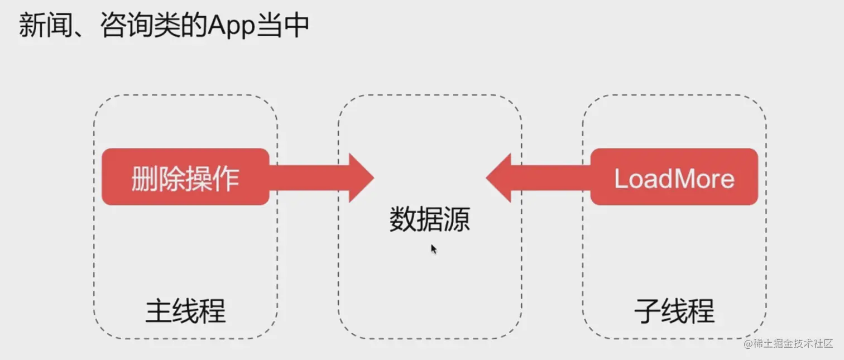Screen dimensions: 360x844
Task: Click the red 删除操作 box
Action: click(185, 177)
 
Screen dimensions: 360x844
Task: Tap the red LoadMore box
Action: click(674, 177)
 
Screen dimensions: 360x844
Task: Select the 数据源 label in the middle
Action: click(429, 219)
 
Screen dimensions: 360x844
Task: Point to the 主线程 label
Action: click(185, 311)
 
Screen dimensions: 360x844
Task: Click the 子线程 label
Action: click(674, 311)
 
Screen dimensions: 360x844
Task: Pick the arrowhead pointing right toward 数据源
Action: click(361, 177)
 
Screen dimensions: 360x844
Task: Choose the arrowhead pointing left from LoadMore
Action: click(499, 177)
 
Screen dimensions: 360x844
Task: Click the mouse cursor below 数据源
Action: click(433, 249)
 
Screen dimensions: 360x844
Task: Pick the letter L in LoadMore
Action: click(620, 178)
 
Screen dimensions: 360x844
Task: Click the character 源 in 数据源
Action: click(457, 219)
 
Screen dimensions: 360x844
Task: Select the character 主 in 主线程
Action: click(159, 311)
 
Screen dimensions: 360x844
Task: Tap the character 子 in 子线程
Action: click(648, 311)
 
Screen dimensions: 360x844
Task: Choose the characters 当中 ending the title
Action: click(282, 26)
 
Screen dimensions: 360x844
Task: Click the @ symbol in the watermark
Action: click(748, 344)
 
